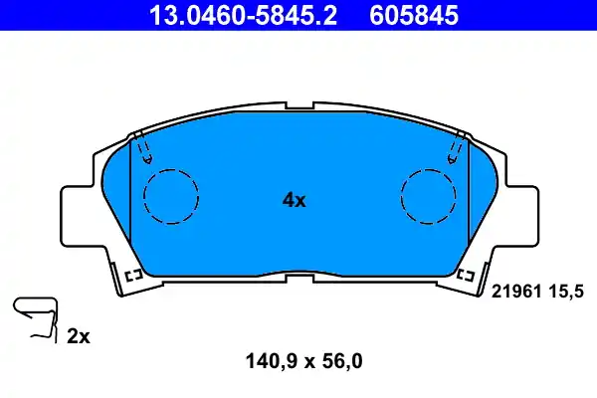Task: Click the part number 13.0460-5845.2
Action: click(x=229, y=15)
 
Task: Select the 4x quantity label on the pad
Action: click(x=294, y=200)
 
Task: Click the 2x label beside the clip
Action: click(x=78, y=337)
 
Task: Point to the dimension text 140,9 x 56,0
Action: click(x=296, y=361)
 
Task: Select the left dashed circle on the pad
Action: click(x=171, y=196)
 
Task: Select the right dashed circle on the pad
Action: click(x=429, y=196)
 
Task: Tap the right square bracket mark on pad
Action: click(x=465, y=274)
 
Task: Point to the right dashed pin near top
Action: click(x=455, y=150)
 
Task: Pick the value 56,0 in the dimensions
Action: click(x=341, y=361)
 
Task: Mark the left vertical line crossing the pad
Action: click(x=131, y=199)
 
